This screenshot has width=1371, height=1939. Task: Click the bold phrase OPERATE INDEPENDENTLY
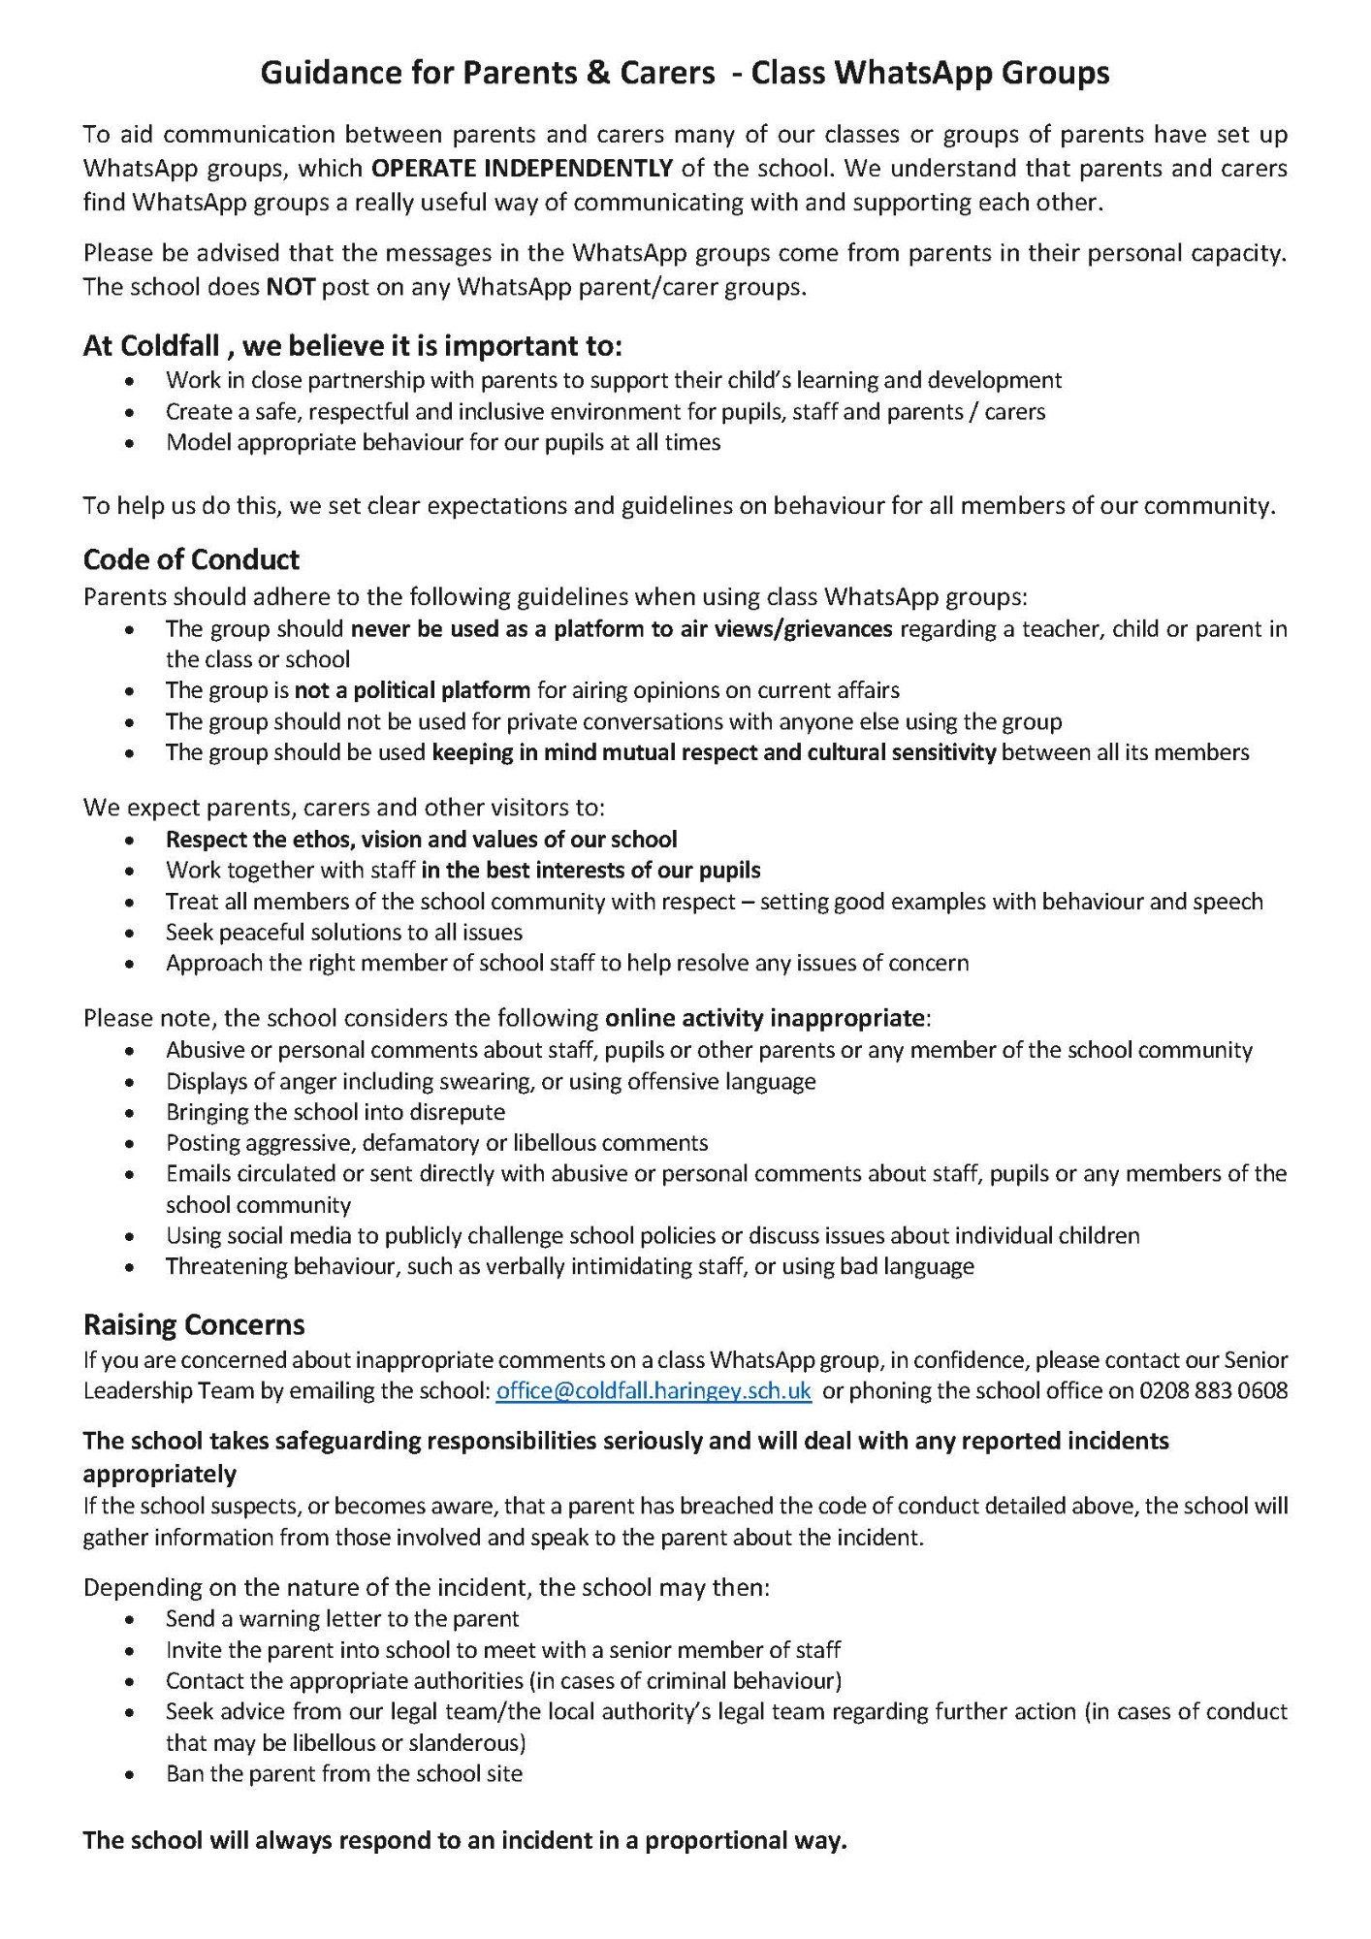pyautogui.click(x=522, y=168)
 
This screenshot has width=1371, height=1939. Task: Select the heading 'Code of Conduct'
pyautogui.click(x=191, y=559)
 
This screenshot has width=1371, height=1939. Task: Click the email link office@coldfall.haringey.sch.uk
pyautogui.click(x=654, y=1390)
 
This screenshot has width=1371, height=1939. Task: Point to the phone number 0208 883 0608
pyautogui.click(x=1214, y=1390)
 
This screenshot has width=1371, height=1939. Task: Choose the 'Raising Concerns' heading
pyautogui.click(x=194, y=1324)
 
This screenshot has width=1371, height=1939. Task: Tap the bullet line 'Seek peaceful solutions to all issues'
pyautogui.click(x=344, y=932)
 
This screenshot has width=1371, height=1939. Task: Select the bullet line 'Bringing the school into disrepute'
pyautogui.click(x=335, y=1111)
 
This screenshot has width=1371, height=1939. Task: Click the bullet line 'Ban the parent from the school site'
pyautogui.click(x=344, y=1773)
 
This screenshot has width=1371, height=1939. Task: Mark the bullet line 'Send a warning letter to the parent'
pyautogui.click(x=342, y=1618)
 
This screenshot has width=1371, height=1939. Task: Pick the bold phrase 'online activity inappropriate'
pyautogui.click(x=765, y=1018)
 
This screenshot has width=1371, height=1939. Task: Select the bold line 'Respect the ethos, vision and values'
pyautogui.click(x=422, y=839)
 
